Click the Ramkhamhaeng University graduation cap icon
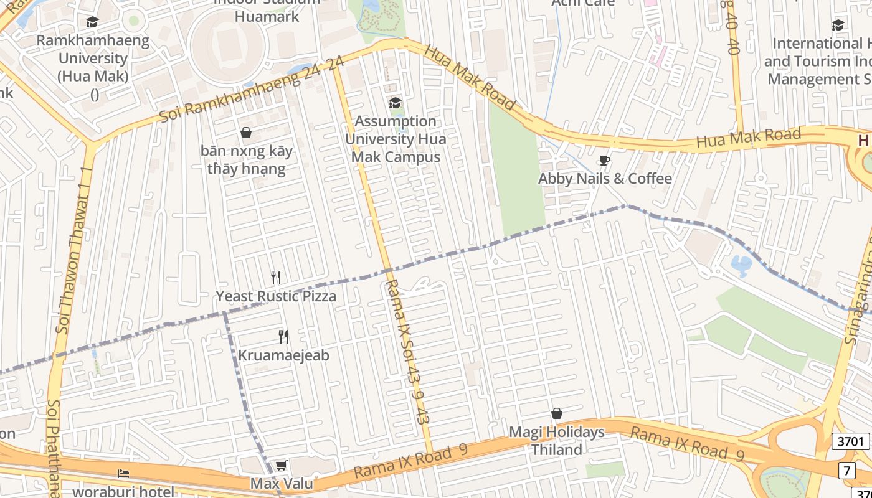(x=92, y=22)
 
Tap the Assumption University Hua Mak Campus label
(x=396, y=139)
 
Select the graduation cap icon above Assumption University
(x=395, y=103)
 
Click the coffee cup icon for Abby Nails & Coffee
(x=604, y=161)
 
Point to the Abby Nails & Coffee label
(x=605, y=179)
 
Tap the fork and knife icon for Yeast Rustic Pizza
(x=276, y=277)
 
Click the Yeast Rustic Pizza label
(x=276, y=296)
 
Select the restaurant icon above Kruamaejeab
(x=283, y=337)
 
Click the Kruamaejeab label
(x=283, y=355)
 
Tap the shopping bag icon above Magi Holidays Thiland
(x=557, y=414)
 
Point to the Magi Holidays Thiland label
(x=557, y=441)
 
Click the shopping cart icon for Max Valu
(x=282, y=466)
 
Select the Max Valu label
(x=282, y=484)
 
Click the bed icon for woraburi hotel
(x=123, y=474)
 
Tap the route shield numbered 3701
(x=850, y=442)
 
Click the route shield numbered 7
(x=846, y=471)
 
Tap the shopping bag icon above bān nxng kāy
(x=246, y=133)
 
